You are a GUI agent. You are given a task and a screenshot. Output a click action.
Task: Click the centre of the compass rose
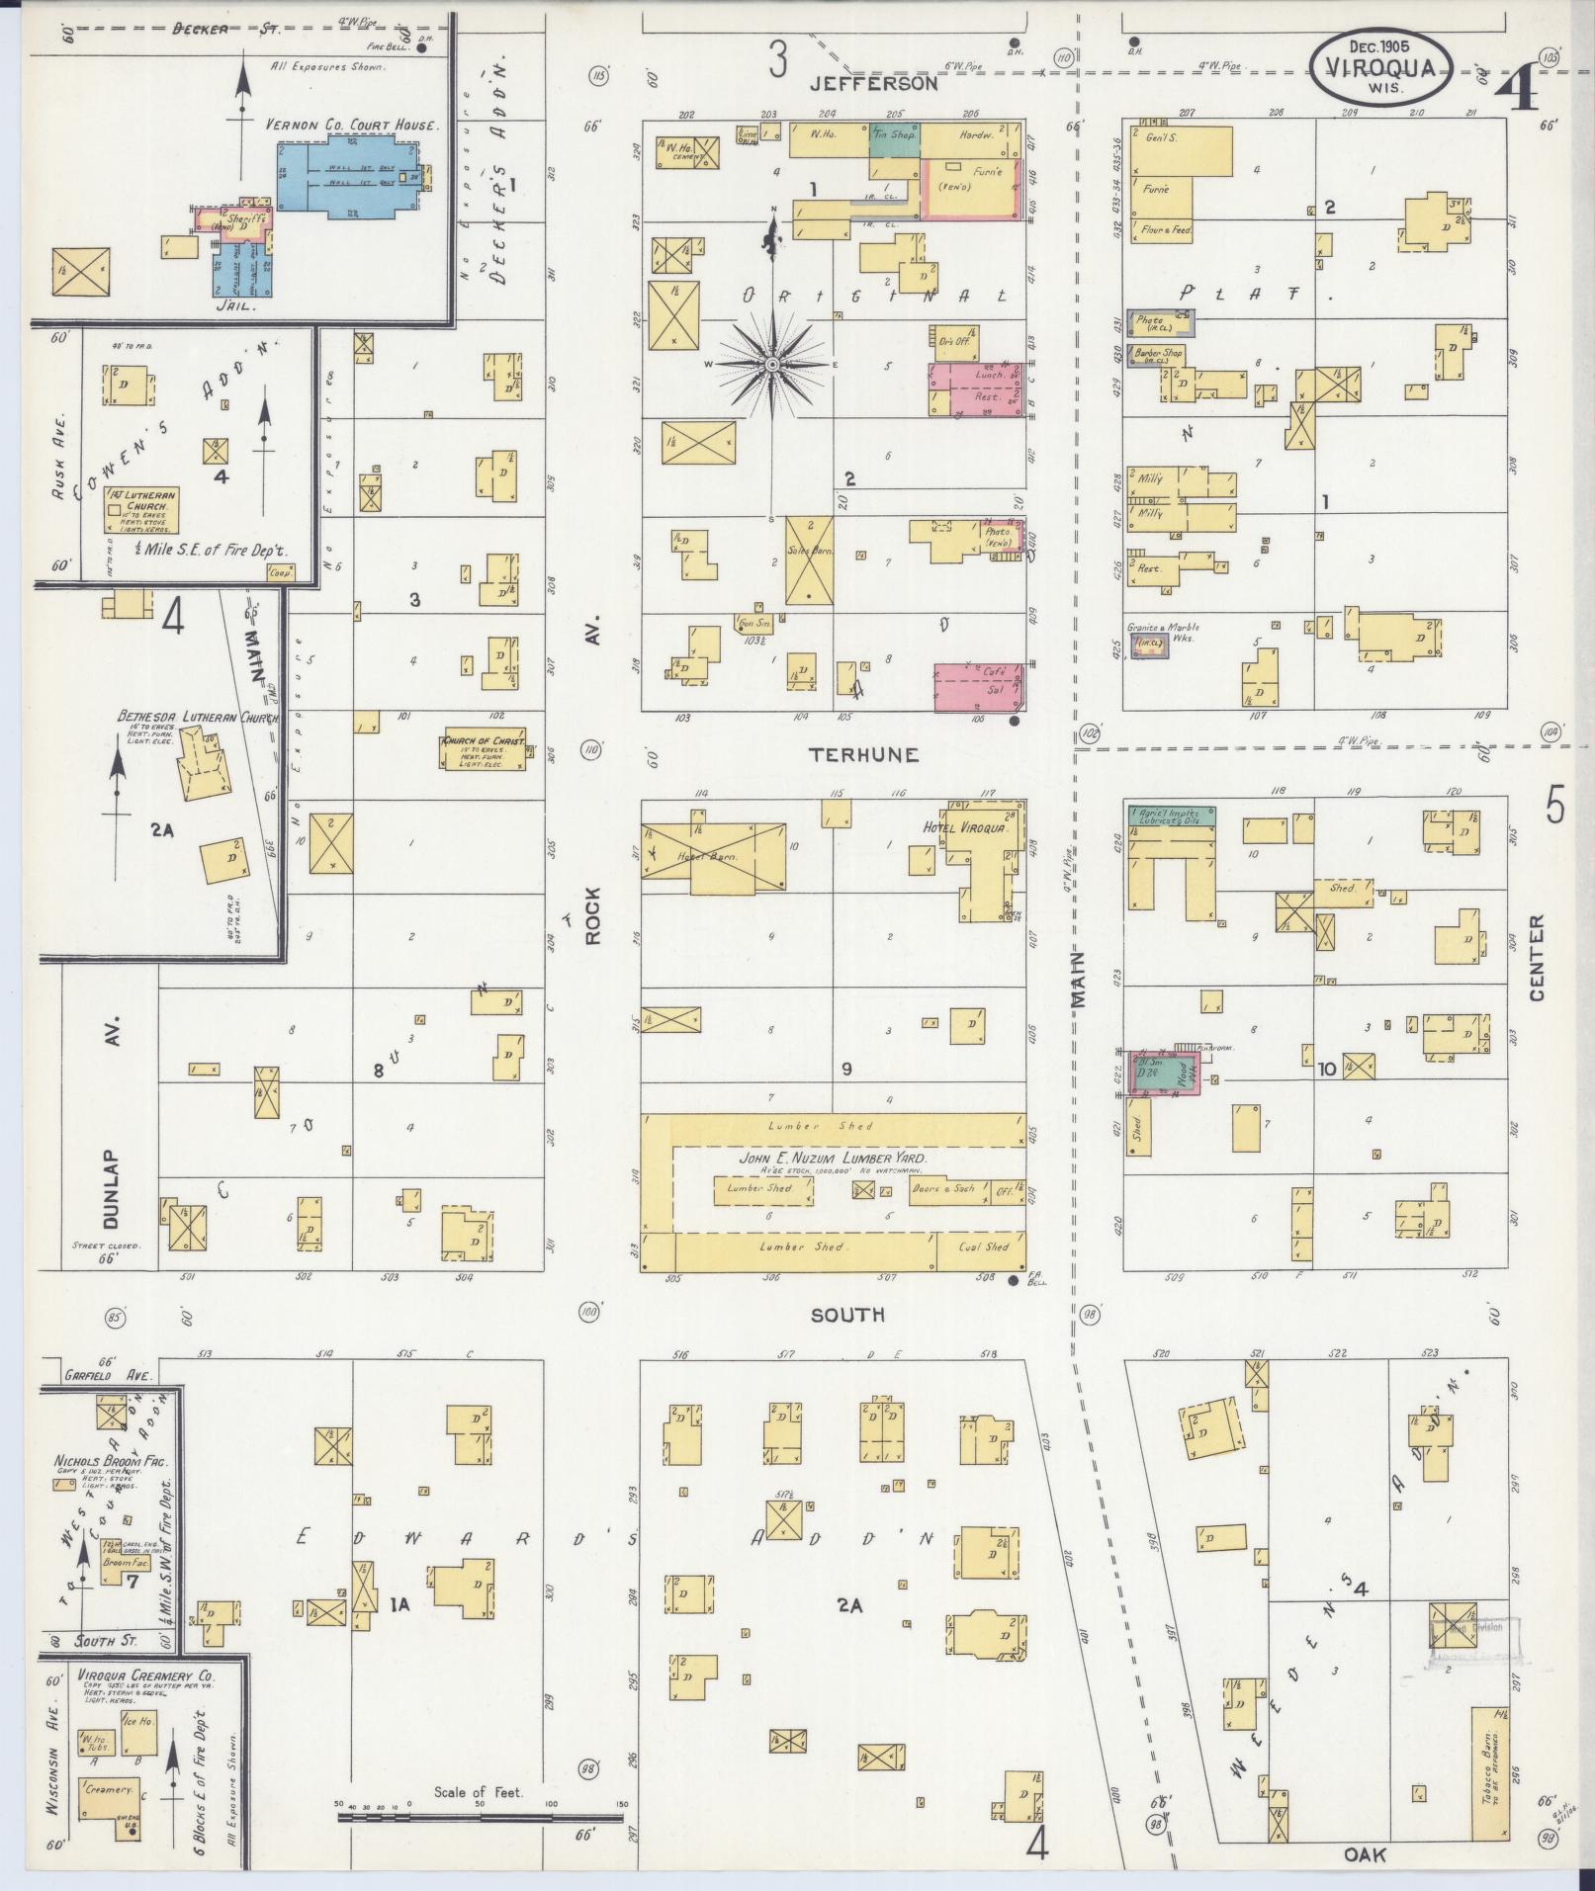coord(771,365)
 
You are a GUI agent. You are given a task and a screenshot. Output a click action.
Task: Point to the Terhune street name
coord(863,755)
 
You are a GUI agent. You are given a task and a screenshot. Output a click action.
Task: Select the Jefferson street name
coord(873,85)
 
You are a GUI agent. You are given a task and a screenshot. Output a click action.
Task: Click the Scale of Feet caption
coord(478,1792)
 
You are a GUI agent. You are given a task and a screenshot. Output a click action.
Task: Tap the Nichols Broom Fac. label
coord(112,1460)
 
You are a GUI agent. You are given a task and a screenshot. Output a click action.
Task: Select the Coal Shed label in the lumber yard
coord(983,1246)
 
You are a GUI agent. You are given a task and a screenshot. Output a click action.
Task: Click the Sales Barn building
coord(809,559)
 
